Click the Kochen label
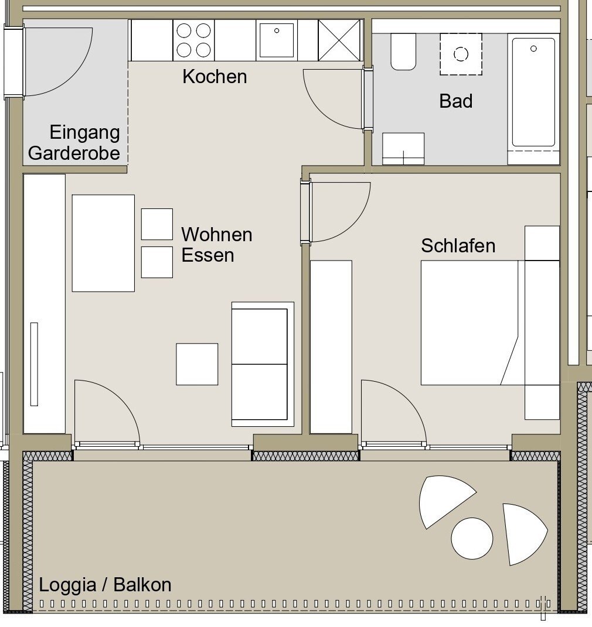[x=215, y=76]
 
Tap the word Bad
[x=456, y=101]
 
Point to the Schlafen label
[x=458, y=245]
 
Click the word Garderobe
[x=74, y=153]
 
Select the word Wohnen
[x=216, y=234]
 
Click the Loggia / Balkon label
[x=105, y=585]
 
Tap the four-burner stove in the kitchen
[x=194, y=40]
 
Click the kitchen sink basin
[x=277, y=40]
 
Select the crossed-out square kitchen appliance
[x=339, y=40]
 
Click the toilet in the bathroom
[x=403, y=52]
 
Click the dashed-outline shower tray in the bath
[x=461, y=54]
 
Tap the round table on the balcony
[x=472, y=538]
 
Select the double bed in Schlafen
[x=472, y=323]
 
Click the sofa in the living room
[x=263, y=364]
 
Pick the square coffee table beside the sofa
[x=197, y=364]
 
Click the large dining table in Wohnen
[x=103, y=243]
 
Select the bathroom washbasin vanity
[x=403, y=149]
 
